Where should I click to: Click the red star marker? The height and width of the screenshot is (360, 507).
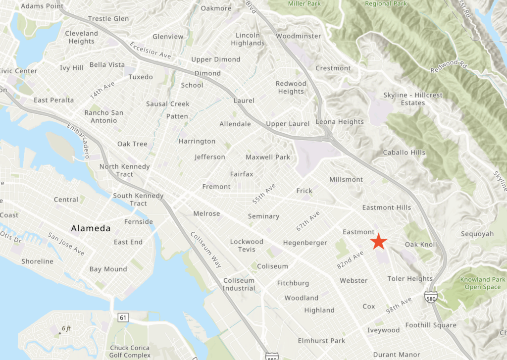379,241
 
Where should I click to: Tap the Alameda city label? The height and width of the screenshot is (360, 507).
91,228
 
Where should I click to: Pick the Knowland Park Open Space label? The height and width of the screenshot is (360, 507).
483,283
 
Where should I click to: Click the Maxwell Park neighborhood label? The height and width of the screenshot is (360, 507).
268,157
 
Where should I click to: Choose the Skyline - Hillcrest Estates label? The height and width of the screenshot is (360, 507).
413,99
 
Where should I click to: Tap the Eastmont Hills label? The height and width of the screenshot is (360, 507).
386,207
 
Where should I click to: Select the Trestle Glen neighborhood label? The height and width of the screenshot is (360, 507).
108,19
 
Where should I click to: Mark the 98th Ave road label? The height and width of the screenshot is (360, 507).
399,305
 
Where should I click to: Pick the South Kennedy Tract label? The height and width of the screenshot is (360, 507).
138,200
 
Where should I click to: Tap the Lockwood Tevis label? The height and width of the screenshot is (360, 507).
247,245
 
